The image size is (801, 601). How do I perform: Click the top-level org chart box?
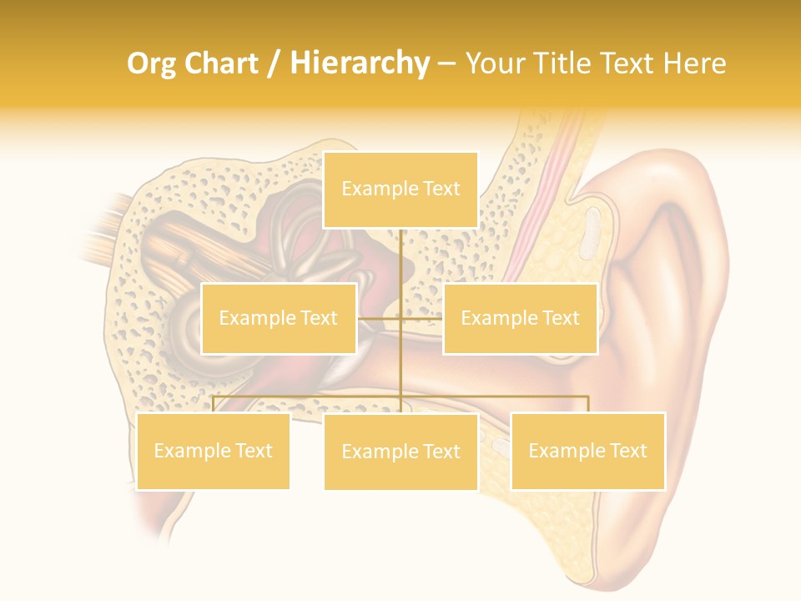400,189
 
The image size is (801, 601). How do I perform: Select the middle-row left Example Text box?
279,318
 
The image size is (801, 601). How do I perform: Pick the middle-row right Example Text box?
520,318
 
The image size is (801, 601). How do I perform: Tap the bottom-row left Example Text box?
213,451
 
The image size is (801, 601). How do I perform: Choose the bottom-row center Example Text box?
400,452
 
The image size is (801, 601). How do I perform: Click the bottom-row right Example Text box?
587,451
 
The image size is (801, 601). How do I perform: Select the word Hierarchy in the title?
360,63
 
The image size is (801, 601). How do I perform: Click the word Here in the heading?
694,63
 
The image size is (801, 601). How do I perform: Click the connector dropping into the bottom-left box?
213,404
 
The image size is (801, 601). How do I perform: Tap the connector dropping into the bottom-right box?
587,404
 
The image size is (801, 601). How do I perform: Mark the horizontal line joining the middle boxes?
400,318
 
